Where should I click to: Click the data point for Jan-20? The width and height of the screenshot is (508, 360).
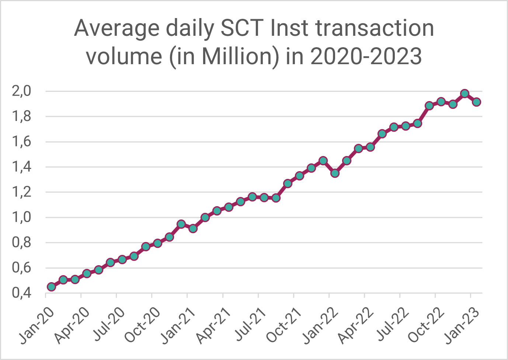tap(51, 287)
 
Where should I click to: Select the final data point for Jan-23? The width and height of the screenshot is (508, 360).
tap(476, 102)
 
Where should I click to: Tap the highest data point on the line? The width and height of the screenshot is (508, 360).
tap(464, 93)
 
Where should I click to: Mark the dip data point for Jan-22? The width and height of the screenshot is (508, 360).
tap(335, 173)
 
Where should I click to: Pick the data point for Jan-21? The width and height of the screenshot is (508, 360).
tap(193, 228)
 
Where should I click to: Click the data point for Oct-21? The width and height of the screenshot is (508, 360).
tap(299, 176)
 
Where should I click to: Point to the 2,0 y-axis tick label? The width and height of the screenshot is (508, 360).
tap(22, 91)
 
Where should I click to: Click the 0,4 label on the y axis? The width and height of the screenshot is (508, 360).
tap(22, 293)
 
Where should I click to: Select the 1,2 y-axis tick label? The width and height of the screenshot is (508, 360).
tap(22, 192)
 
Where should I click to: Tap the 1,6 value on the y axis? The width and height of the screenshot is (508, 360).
tap(22, 142)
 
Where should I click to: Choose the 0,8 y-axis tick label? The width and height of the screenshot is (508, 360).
tap(22, 243)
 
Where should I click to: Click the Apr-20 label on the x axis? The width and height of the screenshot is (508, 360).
tap(72, 325)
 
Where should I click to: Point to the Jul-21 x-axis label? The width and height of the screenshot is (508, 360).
tap(250, 325)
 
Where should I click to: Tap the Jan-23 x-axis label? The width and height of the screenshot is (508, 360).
tap(462, 325)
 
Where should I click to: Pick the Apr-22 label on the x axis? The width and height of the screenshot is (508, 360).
tap(356, 325)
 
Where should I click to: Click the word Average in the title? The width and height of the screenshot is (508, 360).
tap(117, 29)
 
